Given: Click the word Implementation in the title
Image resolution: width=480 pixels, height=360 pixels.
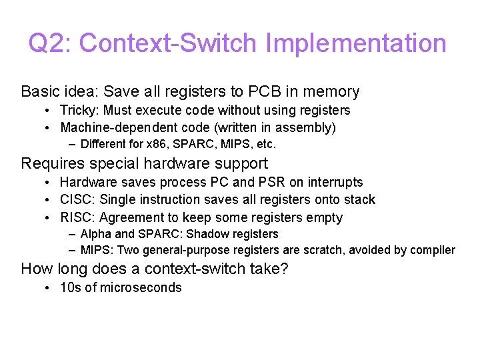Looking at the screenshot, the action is [x=355, y=44].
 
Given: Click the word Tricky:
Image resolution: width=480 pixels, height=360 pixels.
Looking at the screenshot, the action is [x=79, y=110].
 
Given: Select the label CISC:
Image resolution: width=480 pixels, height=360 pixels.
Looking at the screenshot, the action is [x=77, y=199].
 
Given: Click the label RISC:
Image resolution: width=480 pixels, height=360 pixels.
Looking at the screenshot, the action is [x=77, y=217].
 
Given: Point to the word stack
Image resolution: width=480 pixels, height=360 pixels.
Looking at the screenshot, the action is [x=359, y=199].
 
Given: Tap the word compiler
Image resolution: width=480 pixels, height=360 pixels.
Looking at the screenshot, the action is [x=433, y=251].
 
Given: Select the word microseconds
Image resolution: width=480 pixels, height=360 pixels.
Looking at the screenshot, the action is [x=141, y=287].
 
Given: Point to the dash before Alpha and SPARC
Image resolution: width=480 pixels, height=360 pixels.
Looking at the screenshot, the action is [x=71, y=234].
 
